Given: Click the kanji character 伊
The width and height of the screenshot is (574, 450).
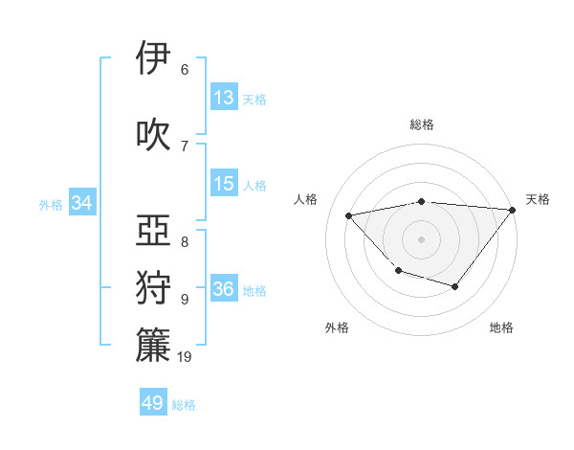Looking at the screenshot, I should pos(154,58).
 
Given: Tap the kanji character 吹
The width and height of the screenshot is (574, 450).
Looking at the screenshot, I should pos(154,134).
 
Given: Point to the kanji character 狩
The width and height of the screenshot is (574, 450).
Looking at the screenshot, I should pos(154,288).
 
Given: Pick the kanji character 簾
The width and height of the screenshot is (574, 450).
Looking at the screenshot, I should pos(154,346).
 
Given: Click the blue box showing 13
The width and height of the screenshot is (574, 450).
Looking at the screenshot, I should pos(224,98).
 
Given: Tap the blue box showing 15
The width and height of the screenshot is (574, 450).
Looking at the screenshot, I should pos(224,185).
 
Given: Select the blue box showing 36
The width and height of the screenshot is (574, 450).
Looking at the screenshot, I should pos(224,290).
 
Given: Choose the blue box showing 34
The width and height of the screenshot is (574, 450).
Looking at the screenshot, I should pos(82,203).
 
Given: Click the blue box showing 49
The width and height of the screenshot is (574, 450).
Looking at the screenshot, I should pos(153,403).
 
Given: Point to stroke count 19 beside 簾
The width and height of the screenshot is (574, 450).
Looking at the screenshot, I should pos(185,357).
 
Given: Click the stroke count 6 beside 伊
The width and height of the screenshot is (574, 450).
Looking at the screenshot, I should pos(185,69).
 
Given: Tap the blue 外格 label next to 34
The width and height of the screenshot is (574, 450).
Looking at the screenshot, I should pos(51,204).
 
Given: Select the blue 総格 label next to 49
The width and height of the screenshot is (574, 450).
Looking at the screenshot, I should pos(184,405).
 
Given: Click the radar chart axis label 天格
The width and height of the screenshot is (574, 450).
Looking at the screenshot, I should pos(538,199).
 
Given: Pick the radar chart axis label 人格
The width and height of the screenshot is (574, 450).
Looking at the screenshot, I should pos(306,199).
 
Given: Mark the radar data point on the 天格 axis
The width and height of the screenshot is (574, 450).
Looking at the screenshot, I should pos(513,210).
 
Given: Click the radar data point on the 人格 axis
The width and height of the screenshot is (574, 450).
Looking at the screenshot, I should pos(349,215).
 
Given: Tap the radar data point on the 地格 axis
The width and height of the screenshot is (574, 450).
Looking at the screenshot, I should pos(455,286).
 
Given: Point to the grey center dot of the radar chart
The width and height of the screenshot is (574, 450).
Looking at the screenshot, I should pos(421,238).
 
